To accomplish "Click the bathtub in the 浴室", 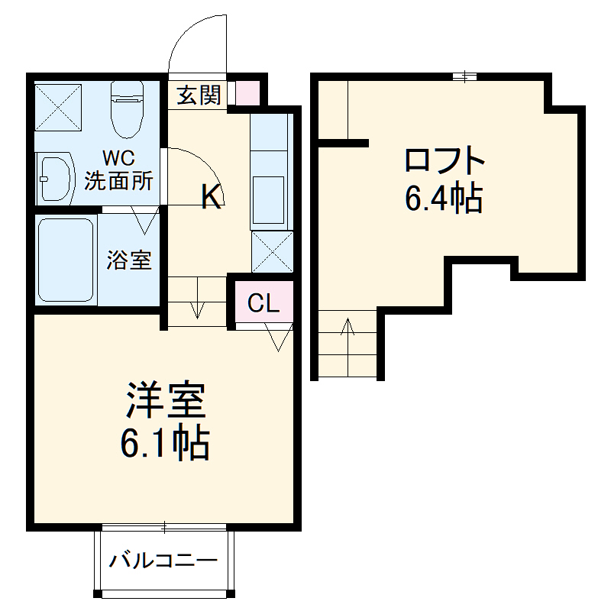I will [x=66, y=259].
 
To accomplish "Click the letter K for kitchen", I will [x=212, y=198].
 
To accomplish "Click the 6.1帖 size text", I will [x=165, y=443].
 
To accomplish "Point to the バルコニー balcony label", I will [x=163, y=561].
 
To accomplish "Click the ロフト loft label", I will [x=444, y=161].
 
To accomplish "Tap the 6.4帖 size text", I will [x=443, y=199].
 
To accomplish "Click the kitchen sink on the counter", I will [x=271, y=188].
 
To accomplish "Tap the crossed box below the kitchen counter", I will [x=272, y=251].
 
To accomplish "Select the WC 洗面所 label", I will [x=118, y=171].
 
